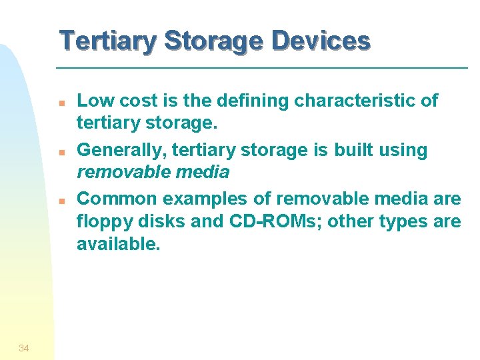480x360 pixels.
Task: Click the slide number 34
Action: pos(24,348)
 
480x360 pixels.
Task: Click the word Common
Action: pos(117,199)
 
